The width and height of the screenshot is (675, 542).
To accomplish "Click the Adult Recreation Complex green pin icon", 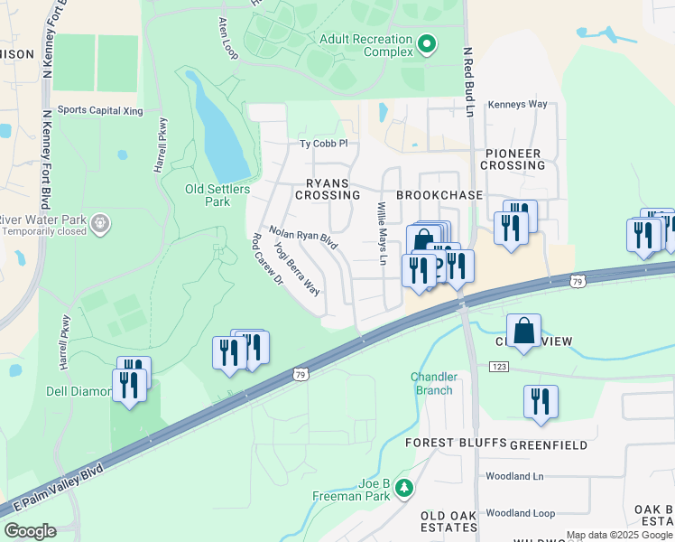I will tap(427, 42).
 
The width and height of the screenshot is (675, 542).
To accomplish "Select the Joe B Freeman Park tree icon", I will tap(405, 488).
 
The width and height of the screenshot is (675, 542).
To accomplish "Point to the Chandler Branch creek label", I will tap(433, 383).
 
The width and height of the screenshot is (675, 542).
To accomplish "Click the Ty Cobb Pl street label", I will tap(323, 144).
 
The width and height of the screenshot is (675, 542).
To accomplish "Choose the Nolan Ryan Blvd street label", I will tap(302, 238).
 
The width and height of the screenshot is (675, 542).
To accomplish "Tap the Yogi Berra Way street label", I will tap(297, 268).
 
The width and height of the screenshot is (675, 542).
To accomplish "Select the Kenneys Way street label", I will tap(517, 105).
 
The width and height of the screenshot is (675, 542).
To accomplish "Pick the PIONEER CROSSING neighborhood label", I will tap(512, 160).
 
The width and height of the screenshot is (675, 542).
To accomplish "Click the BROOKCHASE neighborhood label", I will tap(439, 195).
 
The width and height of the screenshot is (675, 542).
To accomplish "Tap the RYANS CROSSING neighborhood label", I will tap(326, 188).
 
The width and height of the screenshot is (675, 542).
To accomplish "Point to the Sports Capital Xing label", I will tap(100, 110).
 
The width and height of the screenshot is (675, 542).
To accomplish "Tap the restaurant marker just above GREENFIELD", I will tap(540, 403).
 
